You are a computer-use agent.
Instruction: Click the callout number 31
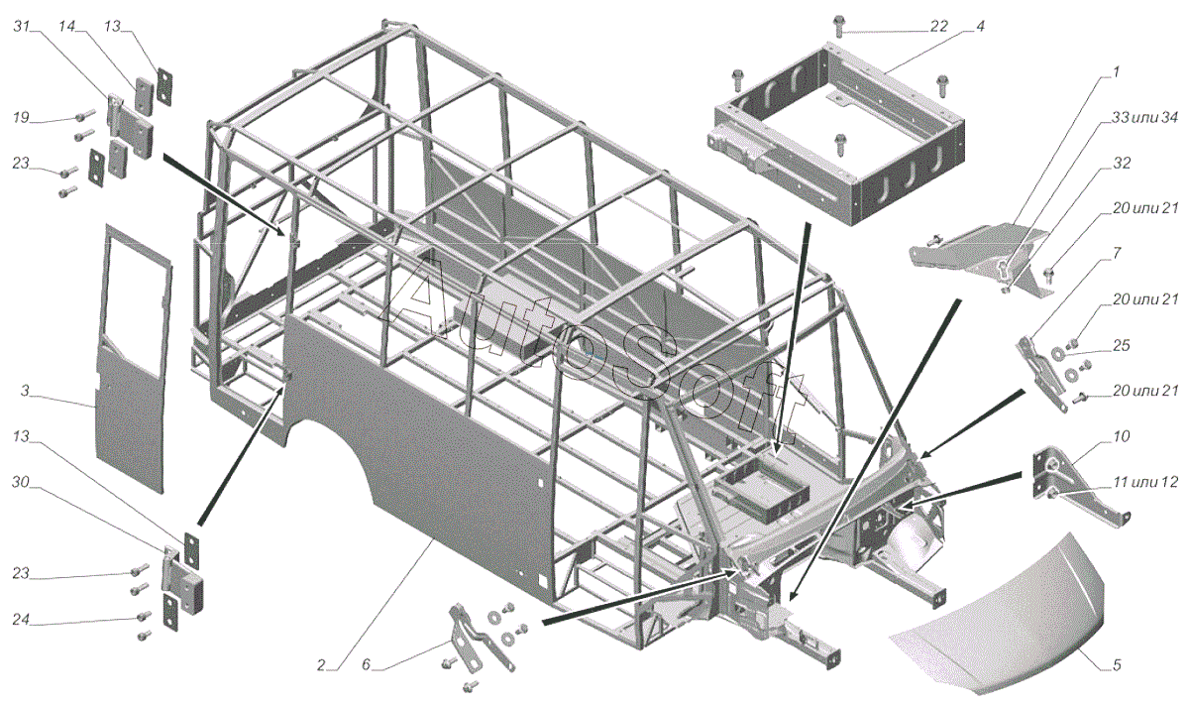[21, 26]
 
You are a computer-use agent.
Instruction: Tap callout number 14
[67, 26]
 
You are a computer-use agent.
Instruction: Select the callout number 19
[21, 117]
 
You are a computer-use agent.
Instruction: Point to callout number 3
[25, 391]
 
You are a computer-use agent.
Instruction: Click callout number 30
[21, 482]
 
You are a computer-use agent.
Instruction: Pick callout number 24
[21, 620]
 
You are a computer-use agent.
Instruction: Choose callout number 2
[321, 665]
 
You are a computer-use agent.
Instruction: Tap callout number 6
[366, 665]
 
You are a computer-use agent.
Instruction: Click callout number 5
[1117, 665]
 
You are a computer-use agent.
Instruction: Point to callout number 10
[1122, 436]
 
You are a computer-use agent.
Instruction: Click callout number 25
[1122, 345]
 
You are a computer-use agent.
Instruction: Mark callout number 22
[938, 26]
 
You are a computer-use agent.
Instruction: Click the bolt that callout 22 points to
[838, 26]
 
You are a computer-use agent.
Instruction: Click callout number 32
[1122, 163]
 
